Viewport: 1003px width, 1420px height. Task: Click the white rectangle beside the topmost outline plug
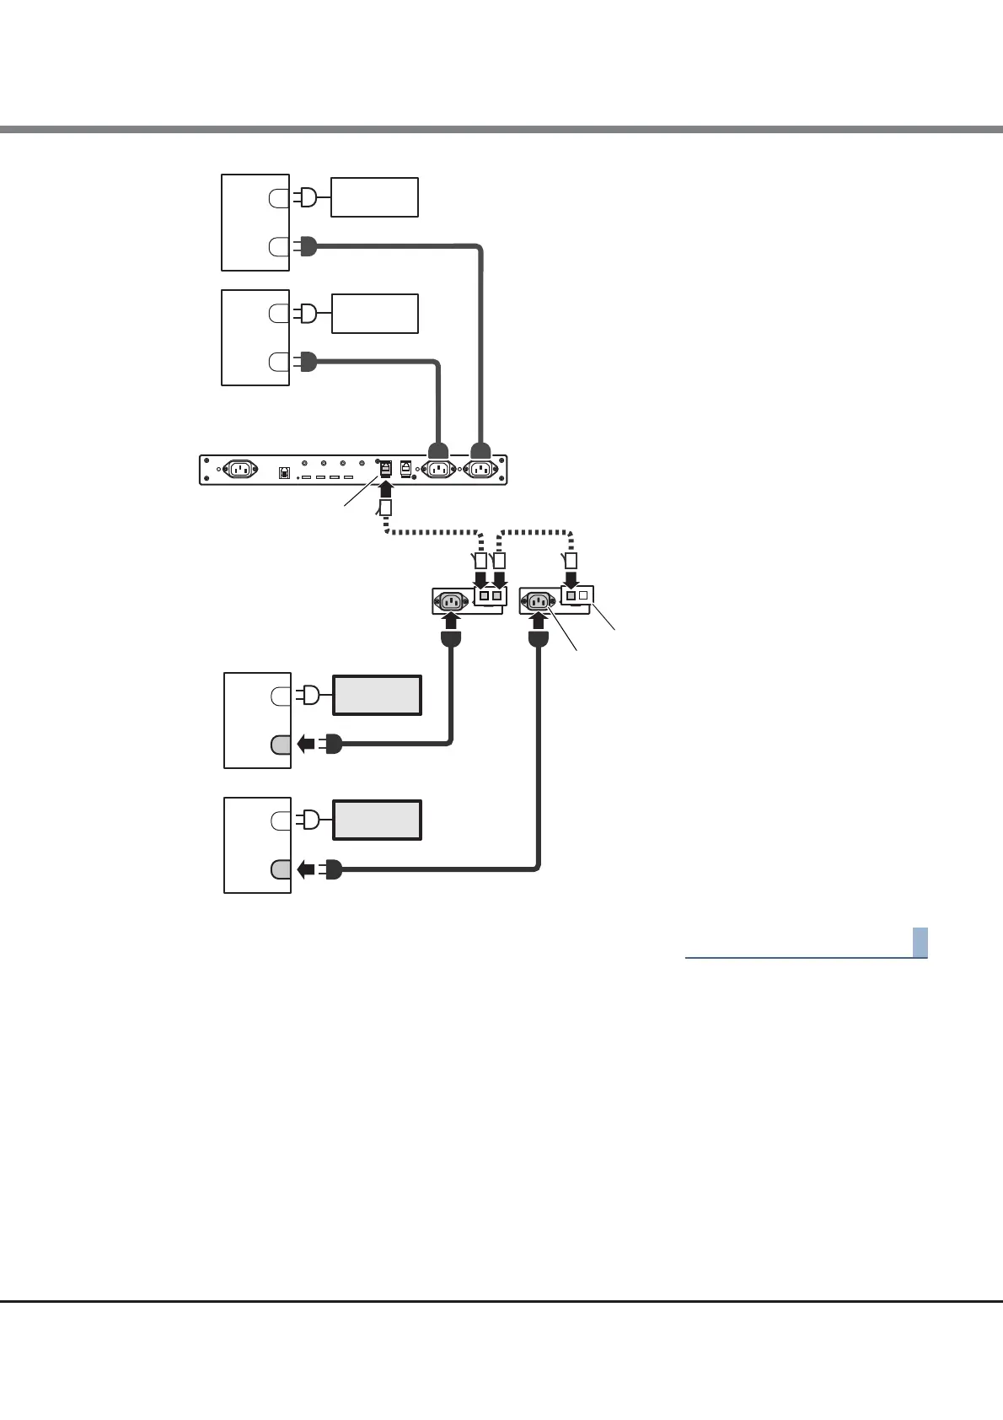tap(374, 197)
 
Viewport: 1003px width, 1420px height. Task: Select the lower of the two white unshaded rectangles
tap(374, 313)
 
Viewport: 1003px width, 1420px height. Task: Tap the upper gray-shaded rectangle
tap(378, 695)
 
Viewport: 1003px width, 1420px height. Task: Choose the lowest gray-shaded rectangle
tap(378, 820)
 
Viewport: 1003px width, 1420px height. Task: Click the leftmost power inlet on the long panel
tap(239, 471)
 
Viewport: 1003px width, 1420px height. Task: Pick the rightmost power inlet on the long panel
tap(480, 471)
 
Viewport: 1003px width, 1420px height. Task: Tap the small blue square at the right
tap(920, 942)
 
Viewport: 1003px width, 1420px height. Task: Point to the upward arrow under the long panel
tap(386, 489)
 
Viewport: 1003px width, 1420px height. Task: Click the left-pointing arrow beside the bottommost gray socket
tap(307, 869)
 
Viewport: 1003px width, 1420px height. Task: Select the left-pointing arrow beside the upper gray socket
tap(307, 745)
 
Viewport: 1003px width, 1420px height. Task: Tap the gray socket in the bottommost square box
tap(281, 869)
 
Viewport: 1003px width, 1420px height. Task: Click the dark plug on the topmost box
tap(307, 247)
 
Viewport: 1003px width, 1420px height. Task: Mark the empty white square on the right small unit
tap(583, 595)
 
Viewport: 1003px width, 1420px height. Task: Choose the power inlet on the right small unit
tap(538, 601)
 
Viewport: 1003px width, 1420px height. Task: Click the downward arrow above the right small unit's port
tap(571, 579)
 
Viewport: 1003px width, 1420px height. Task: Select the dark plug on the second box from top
tap(307, 363)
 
